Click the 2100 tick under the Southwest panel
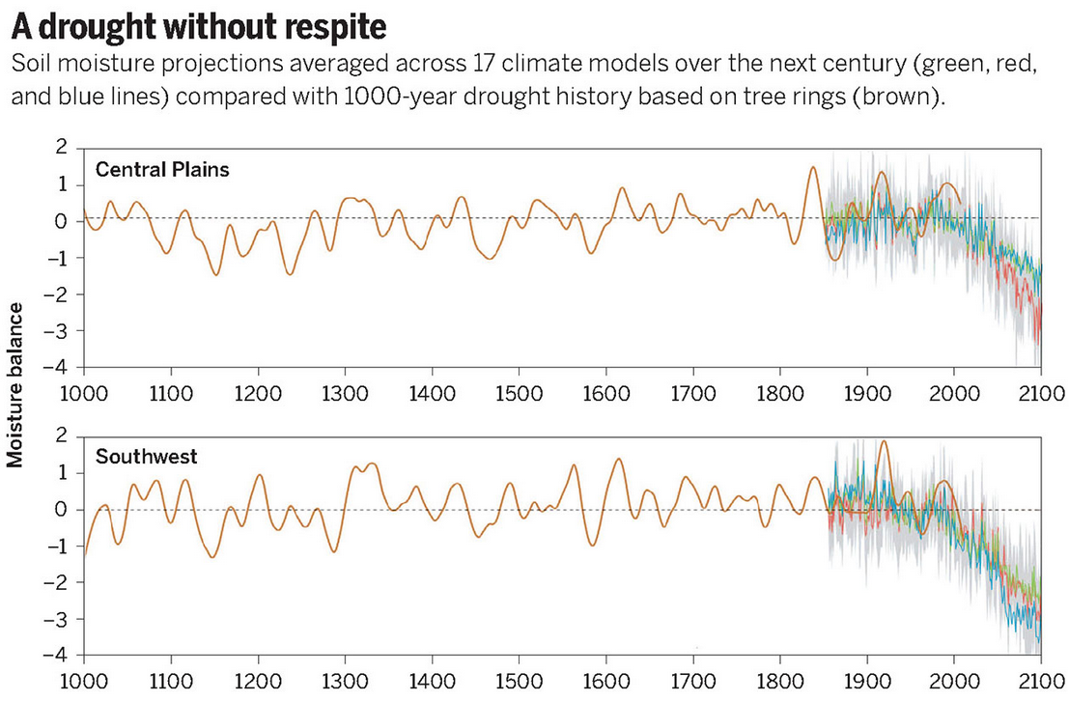point(1041,681)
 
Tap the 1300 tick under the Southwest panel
point(345,681)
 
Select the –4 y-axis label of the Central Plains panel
point(60,367)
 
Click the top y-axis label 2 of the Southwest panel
point(65,436)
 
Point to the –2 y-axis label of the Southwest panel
point(60,582)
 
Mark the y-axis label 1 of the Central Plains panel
point(65,184)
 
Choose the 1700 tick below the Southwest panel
point(693,681)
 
